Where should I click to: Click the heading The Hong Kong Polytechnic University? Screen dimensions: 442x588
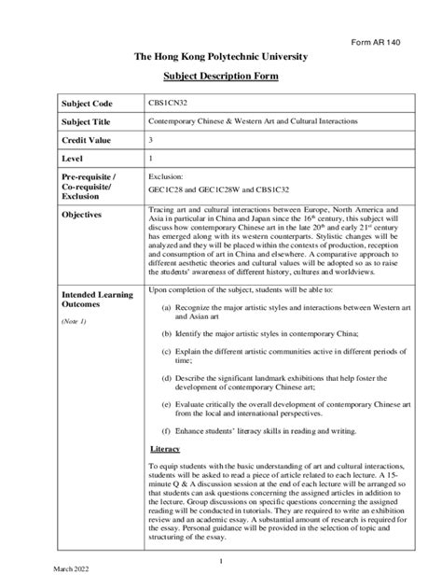point(221,58)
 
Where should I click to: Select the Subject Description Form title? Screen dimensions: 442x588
point(221,77)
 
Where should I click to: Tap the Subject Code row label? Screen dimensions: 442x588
point(87,103)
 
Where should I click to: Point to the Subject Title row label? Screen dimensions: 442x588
point(88,122)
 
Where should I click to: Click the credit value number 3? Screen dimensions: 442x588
point(151,141)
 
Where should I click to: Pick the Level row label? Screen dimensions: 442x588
point(74,160)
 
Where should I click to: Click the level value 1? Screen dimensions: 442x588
point(151,160)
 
